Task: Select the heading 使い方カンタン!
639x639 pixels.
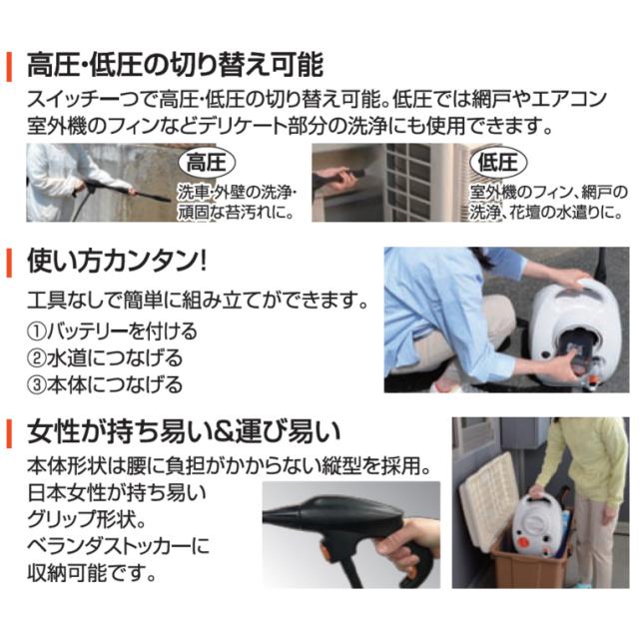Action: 118,264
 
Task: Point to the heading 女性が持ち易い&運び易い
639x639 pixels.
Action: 185,432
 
